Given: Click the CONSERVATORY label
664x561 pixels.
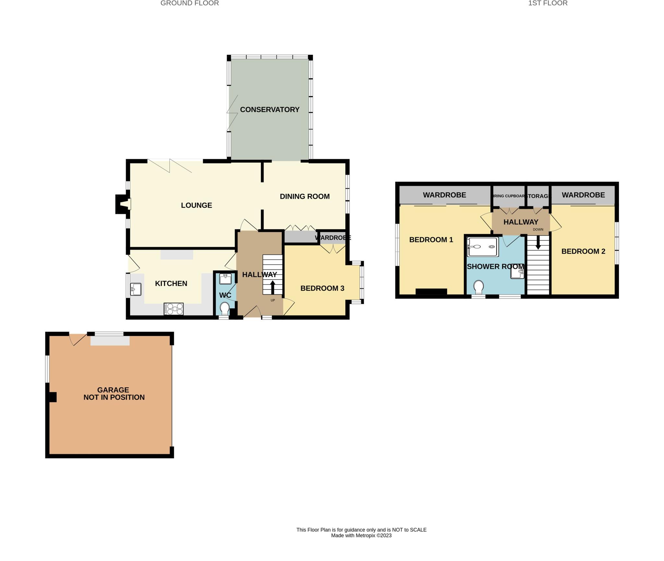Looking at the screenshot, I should [x=269, y=110].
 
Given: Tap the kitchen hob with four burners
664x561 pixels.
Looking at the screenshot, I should [x=174, y=309].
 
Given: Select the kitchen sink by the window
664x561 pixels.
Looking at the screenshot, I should [x=136, y=289].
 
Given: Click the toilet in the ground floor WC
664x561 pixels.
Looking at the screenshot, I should [x=224, y=308].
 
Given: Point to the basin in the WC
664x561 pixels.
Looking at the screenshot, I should [x=225, y=279].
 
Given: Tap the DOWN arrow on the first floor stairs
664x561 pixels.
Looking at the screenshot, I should [x=538, y=242].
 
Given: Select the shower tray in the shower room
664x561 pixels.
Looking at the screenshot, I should [x=482, y=247].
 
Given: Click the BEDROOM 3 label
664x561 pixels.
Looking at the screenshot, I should [x=322, y=288].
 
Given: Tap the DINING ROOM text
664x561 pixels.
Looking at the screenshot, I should [x=304, y=196].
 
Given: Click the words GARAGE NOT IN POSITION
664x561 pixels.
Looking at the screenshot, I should [x=113, y=394].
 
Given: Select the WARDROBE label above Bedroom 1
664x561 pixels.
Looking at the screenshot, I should [x=444, y=195].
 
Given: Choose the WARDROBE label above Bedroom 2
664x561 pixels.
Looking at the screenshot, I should [x=583, y=195].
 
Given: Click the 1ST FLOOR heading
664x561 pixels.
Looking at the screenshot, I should [x=548, y=3].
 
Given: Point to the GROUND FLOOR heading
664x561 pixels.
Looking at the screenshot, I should [x=190, y=3].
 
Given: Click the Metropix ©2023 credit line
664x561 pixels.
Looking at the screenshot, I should [x=361, y=536].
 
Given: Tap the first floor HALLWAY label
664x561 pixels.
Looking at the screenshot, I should [x=521, y=222].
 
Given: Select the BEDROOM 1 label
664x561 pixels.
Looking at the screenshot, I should [x=431, y=240].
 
